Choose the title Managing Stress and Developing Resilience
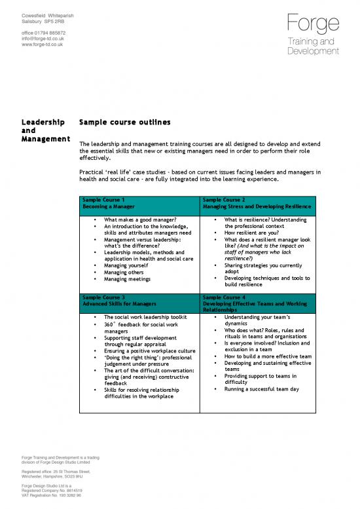(x=257, y=207)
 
